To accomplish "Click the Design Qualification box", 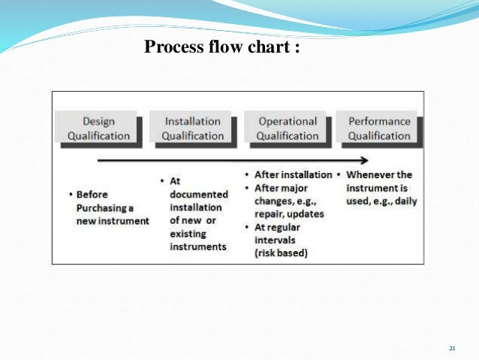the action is point(98,129).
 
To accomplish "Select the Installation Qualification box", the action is point(193,129).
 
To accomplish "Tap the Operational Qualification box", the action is point(288,129).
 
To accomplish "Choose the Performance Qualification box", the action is point(378,128).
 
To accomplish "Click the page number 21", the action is point(452,348).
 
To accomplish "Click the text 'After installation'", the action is point(293,174).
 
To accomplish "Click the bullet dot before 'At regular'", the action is point(248,228).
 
